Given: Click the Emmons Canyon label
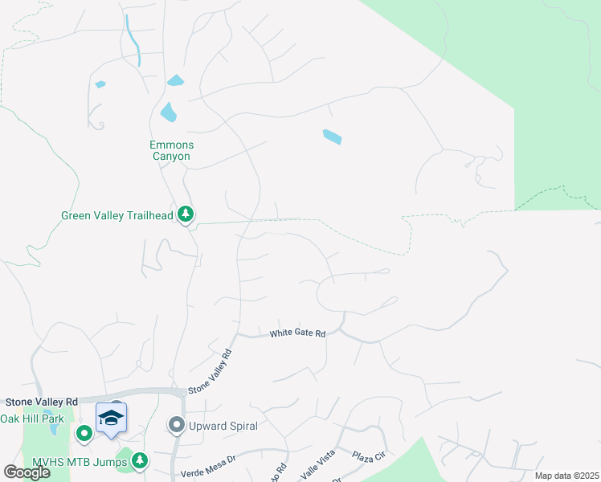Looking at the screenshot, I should [x=171, y=150].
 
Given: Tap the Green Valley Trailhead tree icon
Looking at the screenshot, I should [x=186, y=214].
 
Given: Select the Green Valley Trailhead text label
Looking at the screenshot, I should [x=117, y=215].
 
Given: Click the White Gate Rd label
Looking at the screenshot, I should [x=297, y=333].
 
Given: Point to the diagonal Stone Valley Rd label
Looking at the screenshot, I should [x=210, y=371].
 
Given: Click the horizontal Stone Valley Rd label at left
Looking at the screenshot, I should [x=41, y=402].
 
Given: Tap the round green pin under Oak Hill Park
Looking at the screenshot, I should [x=84, y=434].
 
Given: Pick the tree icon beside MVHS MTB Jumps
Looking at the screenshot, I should [x=140, y=460].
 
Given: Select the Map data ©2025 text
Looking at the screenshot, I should [x=566, y=476].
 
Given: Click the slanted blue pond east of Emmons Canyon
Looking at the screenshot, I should [x=332, y=137].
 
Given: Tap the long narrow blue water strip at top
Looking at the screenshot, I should [x=133, y=39].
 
